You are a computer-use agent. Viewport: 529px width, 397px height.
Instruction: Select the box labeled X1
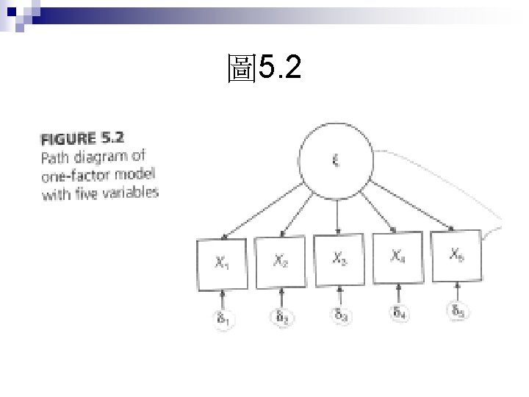221,264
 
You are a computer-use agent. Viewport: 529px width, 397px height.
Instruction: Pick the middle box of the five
339,260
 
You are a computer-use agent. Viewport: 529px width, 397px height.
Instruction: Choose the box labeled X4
397,257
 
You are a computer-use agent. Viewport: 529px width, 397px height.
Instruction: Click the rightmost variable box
456,254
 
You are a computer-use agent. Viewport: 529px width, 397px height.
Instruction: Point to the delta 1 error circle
221,321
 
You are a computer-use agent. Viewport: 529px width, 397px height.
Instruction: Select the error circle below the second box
281,318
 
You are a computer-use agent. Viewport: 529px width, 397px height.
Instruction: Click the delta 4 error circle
398,313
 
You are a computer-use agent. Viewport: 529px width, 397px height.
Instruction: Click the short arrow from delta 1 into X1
221,300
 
